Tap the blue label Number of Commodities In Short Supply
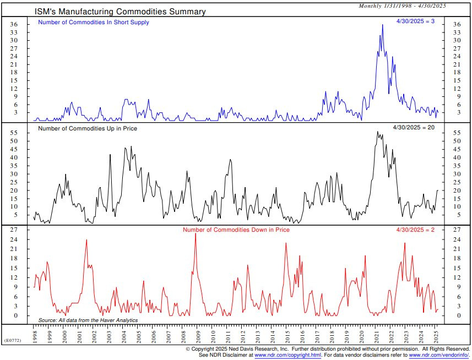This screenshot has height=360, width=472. (93, 23)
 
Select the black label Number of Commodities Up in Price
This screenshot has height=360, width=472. (88, 128)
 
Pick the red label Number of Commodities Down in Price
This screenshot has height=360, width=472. (236, 229)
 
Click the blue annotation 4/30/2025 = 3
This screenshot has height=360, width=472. (416, 21)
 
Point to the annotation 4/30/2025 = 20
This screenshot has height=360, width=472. (414, 128)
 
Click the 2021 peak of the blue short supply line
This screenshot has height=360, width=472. (382, 25)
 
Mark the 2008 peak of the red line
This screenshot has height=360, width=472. (196, 234)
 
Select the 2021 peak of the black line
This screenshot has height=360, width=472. (377, 132)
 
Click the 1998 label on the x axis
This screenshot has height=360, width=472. (35, 336)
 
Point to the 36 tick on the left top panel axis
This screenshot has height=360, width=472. (15, 25)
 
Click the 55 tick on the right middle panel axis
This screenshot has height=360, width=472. (457, 133)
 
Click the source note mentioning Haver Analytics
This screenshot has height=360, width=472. (88, 320)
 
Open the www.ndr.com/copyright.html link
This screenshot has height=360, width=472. (287, 356)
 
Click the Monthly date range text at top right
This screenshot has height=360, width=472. (402, 6)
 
